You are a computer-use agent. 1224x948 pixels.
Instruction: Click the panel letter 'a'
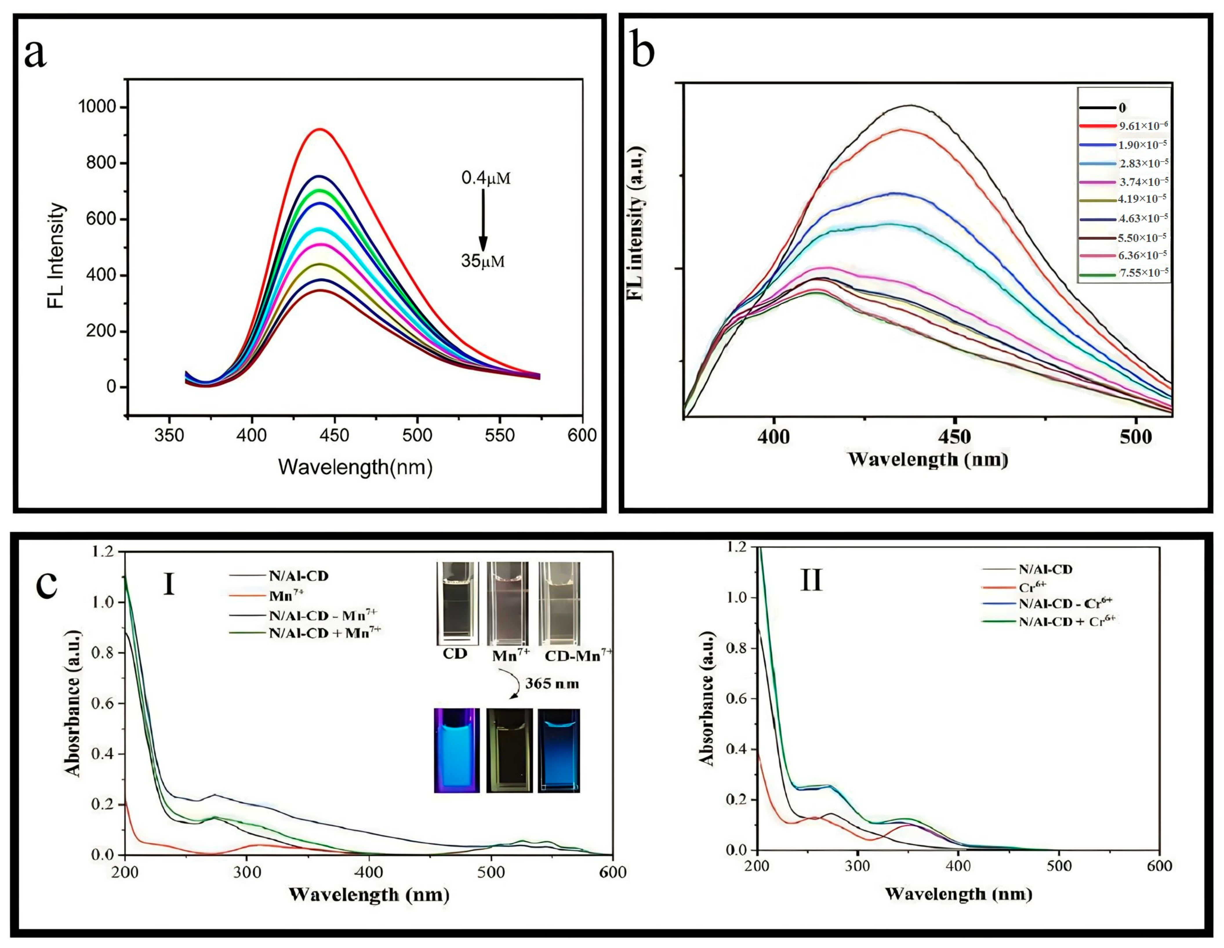35,54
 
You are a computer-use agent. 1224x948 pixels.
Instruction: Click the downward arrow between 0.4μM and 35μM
482,220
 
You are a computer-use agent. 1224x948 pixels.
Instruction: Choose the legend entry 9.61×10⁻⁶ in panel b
1143,126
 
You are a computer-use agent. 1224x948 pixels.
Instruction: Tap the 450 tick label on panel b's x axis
954,437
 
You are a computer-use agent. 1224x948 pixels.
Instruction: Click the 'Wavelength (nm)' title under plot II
958,893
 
